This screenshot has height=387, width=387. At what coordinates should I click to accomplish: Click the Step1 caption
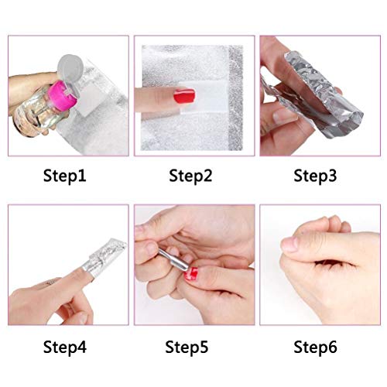(64, 176)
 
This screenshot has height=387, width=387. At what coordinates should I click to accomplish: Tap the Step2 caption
(190, 176)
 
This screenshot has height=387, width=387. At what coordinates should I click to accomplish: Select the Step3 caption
(315, 176)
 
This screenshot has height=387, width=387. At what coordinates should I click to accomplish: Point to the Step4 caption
(65, 347)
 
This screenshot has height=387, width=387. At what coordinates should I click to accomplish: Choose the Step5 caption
(187, 347)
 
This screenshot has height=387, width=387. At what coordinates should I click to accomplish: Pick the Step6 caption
(315, 347)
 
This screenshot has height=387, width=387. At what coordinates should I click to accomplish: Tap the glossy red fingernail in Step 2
(184, 96)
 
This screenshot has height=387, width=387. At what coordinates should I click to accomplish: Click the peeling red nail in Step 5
(191, 274)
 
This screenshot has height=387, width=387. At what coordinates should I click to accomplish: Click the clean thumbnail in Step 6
(289, 245)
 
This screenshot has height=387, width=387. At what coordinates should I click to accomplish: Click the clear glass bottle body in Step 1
(39, 111)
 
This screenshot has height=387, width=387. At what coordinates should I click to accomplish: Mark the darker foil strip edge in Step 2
(235, 98)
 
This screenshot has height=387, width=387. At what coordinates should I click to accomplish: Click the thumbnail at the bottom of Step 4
(82, 318)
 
